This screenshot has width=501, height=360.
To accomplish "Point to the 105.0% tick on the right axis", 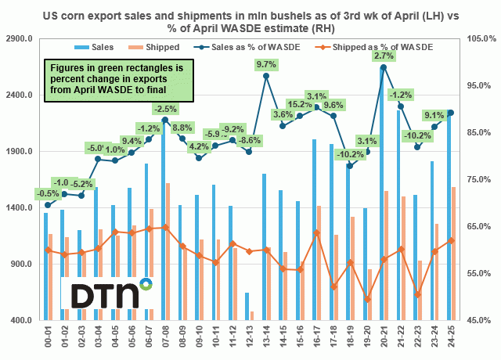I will point(477,38).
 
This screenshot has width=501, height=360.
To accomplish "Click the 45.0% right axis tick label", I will point(477,321).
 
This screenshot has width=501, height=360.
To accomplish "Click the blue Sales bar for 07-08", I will point(163,219).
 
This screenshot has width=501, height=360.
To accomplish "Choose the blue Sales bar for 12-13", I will point(247,306).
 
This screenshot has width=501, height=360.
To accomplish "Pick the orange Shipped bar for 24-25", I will point(454,254).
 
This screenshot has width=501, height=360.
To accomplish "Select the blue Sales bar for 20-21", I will point(381,196).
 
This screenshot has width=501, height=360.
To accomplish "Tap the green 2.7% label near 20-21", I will point(384,56).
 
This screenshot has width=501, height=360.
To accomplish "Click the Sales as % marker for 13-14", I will point(266,76).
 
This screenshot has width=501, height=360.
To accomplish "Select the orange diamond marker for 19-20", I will point(367,299).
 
